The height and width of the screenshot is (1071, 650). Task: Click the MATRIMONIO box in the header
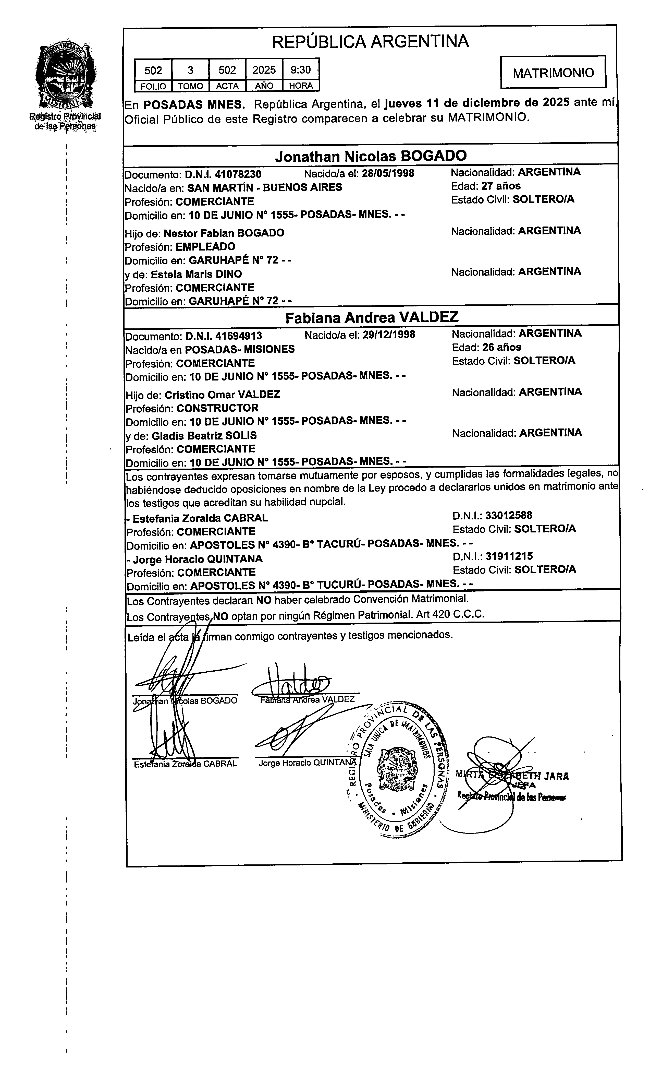553,72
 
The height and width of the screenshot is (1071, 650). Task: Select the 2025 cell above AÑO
264,69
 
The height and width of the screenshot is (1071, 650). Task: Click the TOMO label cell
190,86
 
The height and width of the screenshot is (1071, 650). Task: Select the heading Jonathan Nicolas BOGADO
371,155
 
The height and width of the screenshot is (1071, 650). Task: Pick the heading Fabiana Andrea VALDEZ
372,317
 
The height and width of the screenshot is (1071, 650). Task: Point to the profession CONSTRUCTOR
217,408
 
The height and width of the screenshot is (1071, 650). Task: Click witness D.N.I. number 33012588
509,516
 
